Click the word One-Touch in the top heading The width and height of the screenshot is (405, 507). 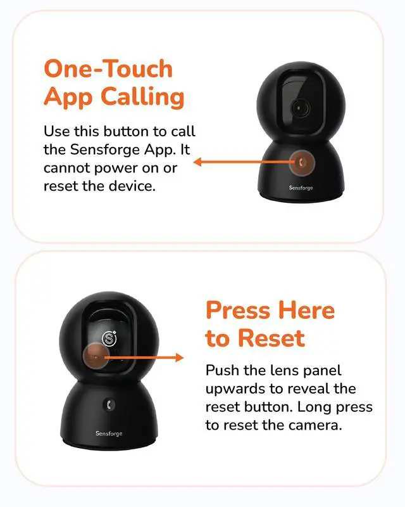[x=108, y=68]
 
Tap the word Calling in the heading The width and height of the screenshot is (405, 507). [x=142, y=97]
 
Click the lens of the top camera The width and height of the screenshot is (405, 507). [x=299, y=108]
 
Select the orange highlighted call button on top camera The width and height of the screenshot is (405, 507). [x=302, y=162]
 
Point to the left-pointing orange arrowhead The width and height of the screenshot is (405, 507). [x=197, y=162]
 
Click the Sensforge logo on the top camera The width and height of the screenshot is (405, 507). [x=301, y=188]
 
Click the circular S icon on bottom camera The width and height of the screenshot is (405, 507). [x=109, y=338]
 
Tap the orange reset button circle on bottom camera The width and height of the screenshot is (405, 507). [x=96, y=357]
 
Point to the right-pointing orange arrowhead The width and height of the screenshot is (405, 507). [x=179, y=357]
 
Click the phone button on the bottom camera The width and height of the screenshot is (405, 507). [x=109, y=405]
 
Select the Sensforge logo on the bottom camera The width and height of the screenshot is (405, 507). [x=109, y=433]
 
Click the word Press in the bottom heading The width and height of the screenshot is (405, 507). [x=238, y=310]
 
